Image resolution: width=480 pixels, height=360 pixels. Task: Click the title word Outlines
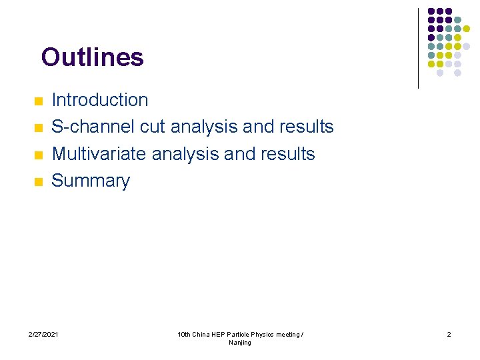click(92, 57)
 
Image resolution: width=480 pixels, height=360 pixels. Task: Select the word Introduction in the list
click(100, 100)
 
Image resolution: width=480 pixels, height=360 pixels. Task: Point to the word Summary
click(91, 181)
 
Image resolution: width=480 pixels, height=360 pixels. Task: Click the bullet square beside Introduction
click(38, 101)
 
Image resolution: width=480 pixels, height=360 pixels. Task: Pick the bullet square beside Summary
click(38, 181)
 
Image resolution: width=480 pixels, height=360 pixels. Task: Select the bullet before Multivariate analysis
click(38, 155)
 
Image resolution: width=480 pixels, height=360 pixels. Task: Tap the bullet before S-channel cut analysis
click(38, 128)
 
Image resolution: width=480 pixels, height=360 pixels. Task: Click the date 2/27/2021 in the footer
click(43, 334)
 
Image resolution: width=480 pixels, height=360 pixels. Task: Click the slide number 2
click(449, 334)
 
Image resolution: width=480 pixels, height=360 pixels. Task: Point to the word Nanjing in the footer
click(240, 343)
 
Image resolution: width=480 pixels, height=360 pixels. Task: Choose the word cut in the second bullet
click(153, 127)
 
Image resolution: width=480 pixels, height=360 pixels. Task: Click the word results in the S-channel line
click(304, 127)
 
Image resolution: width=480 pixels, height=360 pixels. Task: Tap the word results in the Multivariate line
click(285, 154)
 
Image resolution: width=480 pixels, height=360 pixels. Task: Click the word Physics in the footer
click(261, 334)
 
